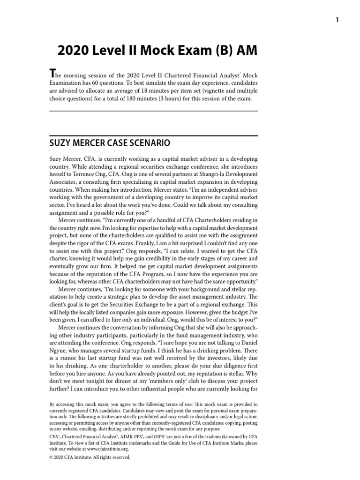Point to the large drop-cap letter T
[x=53, y=74]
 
